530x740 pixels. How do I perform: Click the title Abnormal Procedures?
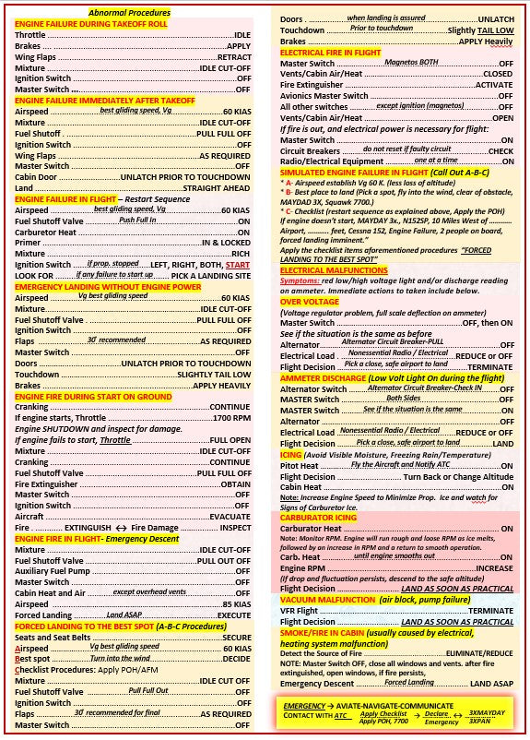[129, 13]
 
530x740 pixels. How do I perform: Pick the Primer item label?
[29, 243]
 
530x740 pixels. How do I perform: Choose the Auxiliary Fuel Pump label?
[53, 571]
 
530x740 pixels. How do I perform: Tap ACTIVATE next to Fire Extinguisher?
[494, 84]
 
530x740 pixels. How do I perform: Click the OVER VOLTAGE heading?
[310, 301]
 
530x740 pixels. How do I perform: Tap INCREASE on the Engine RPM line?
[494, 568]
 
